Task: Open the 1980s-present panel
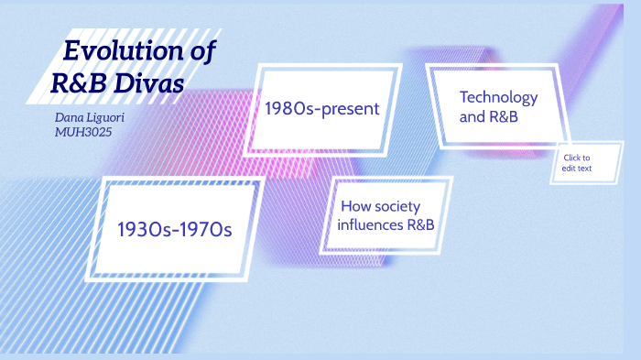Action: tap(321, 109)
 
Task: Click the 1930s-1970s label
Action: tap(174, 228)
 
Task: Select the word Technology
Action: tap(498, 97)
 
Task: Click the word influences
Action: tap(370, 224)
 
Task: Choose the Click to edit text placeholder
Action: tap(577, 163)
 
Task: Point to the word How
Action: tap(355, 207)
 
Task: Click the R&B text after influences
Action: tap(418, 224)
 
